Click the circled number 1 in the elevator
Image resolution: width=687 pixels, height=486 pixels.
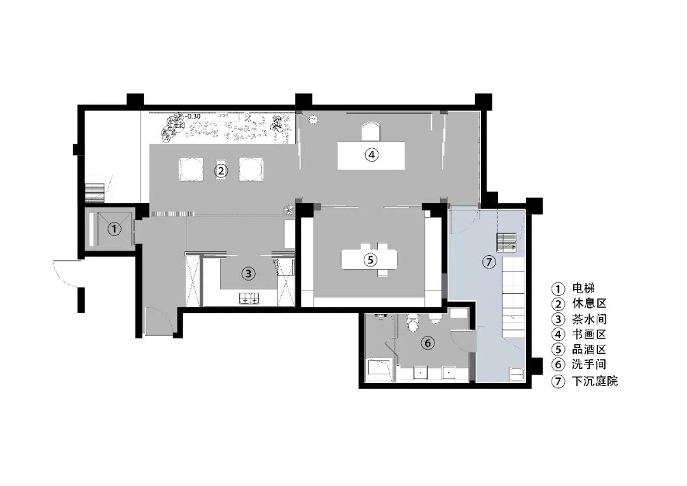click(x=113, y=229)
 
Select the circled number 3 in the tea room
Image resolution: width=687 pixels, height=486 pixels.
click(x=249, y=274)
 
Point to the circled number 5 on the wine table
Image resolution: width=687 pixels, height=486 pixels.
click(x=371, y=260)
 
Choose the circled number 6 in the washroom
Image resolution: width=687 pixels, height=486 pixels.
click(x=428, y=343)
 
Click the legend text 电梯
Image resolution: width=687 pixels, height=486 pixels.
click(x=583, y=288)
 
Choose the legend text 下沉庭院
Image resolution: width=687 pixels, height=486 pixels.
click(x=594, y=382)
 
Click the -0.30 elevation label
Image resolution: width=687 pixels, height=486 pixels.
click(x=193, y=116)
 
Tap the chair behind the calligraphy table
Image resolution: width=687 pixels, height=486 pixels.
click(x=371, y=132)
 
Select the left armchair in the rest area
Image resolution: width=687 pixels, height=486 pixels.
click(x=190, y=169)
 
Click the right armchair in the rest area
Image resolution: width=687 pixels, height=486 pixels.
click(x=249, y=169)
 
